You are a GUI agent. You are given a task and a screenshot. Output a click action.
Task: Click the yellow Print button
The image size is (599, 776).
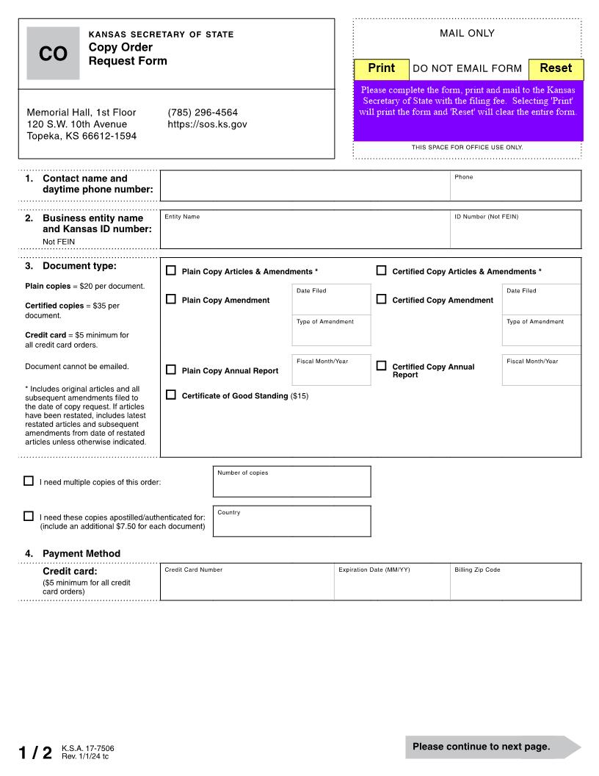382,68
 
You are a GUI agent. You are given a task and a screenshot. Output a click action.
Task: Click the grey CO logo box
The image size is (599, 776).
53,54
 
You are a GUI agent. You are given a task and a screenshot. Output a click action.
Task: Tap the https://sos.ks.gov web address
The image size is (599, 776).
207,124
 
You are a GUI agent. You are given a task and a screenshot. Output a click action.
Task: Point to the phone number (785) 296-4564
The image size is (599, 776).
203,112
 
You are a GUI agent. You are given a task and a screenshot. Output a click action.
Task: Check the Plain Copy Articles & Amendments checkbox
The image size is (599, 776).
171,270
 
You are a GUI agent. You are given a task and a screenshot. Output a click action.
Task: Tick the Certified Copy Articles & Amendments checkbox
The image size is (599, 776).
382,270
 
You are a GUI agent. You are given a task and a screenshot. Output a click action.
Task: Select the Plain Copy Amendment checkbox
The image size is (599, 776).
171,299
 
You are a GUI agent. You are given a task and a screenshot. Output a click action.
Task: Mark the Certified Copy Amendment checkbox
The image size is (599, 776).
382,299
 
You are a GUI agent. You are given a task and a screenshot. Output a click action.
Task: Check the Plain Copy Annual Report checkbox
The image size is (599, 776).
171,370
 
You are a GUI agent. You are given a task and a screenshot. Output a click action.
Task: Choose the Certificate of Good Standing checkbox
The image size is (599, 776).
171,395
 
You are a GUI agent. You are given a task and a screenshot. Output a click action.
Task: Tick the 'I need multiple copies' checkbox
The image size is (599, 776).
29,481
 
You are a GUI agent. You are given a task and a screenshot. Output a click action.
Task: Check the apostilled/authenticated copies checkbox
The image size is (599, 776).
29,517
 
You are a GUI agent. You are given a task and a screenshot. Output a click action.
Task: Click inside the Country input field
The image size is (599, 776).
291,524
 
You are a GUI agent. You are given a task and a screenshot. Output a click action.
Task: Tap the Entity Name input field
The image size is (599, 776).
305,233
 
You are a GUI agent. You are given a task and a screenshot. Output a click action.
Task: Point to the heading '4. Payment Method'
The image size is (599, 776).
81,553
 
